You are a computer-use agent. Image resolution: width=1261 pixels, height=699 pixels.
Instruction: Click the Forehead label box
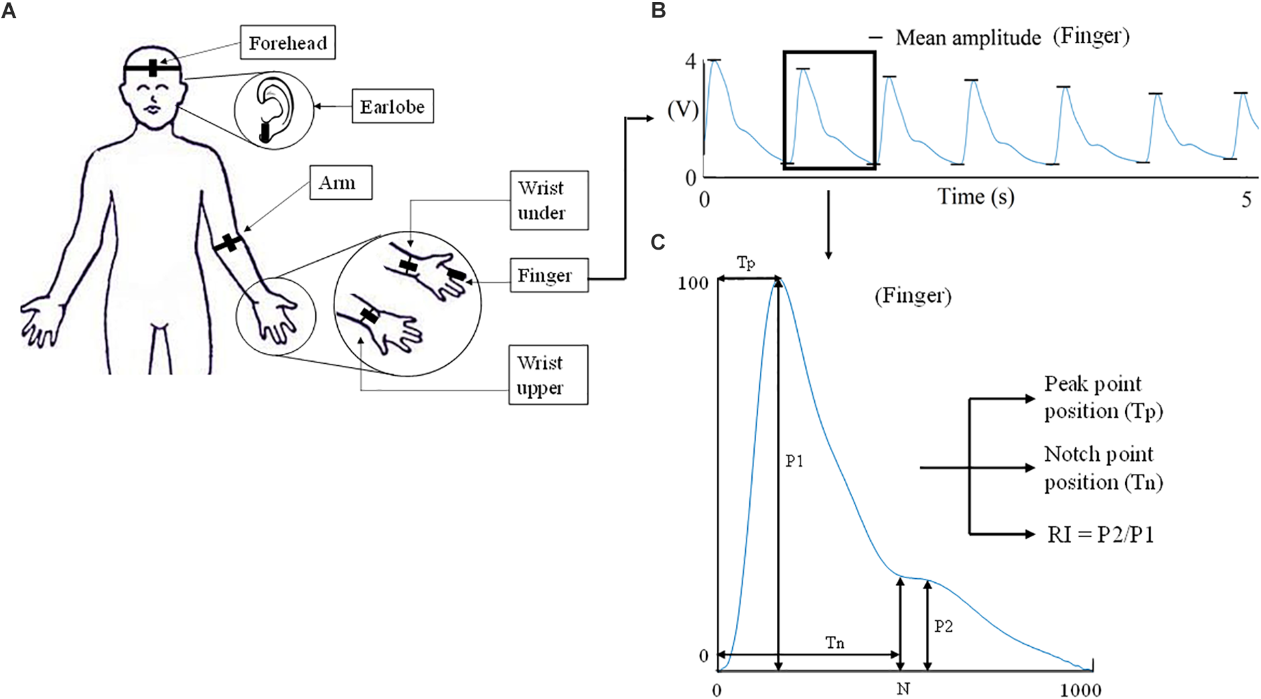click(287, 42)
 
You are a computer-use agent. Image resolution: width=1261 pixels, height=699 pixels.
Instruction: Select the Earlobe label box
click(392, 106)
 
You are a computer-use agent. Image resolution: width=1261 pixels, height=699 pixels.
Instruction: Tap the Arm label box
click(340, 183)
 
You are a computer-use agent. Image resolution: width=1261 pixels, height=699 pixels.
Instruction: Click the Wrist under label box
click(548, 200)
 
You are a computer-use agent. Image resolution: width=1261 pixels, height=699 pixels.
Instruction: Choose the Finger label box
click(548, 275)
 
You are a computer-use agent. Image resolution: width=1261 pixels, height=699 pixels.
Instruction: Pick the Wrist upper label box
click(548, 375)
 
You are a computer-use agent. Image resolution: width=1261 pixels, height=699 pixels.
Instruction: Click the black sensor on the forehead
click(153, 68)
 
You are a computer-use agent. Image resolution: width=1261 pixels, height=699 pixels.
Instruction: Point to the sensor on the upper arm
click(228, 243)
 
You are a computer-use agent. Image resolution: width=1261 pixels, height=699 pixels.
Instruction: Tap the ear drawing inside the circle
click(273, 110)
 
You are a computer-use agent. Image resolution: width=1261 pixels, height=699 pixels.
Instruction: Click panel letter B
click(658, 10)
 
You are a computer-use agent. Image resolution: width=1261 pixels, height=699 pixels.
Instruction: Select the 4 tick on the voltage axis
click(691, 62)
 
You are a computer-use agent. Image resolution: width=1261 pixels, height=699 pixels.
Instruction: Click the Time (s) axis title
click(975, 196)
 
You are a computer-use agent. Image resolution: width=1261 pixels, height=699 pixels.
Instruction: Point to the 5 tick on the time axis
click(1246, 199)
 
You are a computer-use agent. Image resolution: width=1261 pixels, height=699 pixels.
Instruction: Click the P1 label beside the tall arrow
click(794, 461)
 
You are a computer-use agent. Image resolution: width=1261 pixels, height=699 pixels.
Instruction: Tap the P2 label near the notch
click(943, 626)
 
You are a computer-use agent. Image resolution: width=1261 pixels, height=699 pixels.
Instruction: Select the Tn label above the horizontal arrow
click(835, 643)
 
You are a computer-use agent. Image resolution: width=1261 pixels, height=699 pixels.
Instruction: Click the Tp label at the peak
click(746, 263)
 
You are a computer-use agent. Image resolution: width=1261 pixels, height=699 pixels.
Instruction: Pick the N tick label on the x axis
click(903, 689)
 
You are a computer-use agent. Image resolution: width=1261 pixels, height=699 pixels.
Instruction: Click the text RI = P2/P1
click(1100, 534)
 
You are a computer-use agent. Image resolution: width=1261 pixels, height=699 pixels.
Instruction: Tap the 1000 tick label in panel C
click(1080, 690)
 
